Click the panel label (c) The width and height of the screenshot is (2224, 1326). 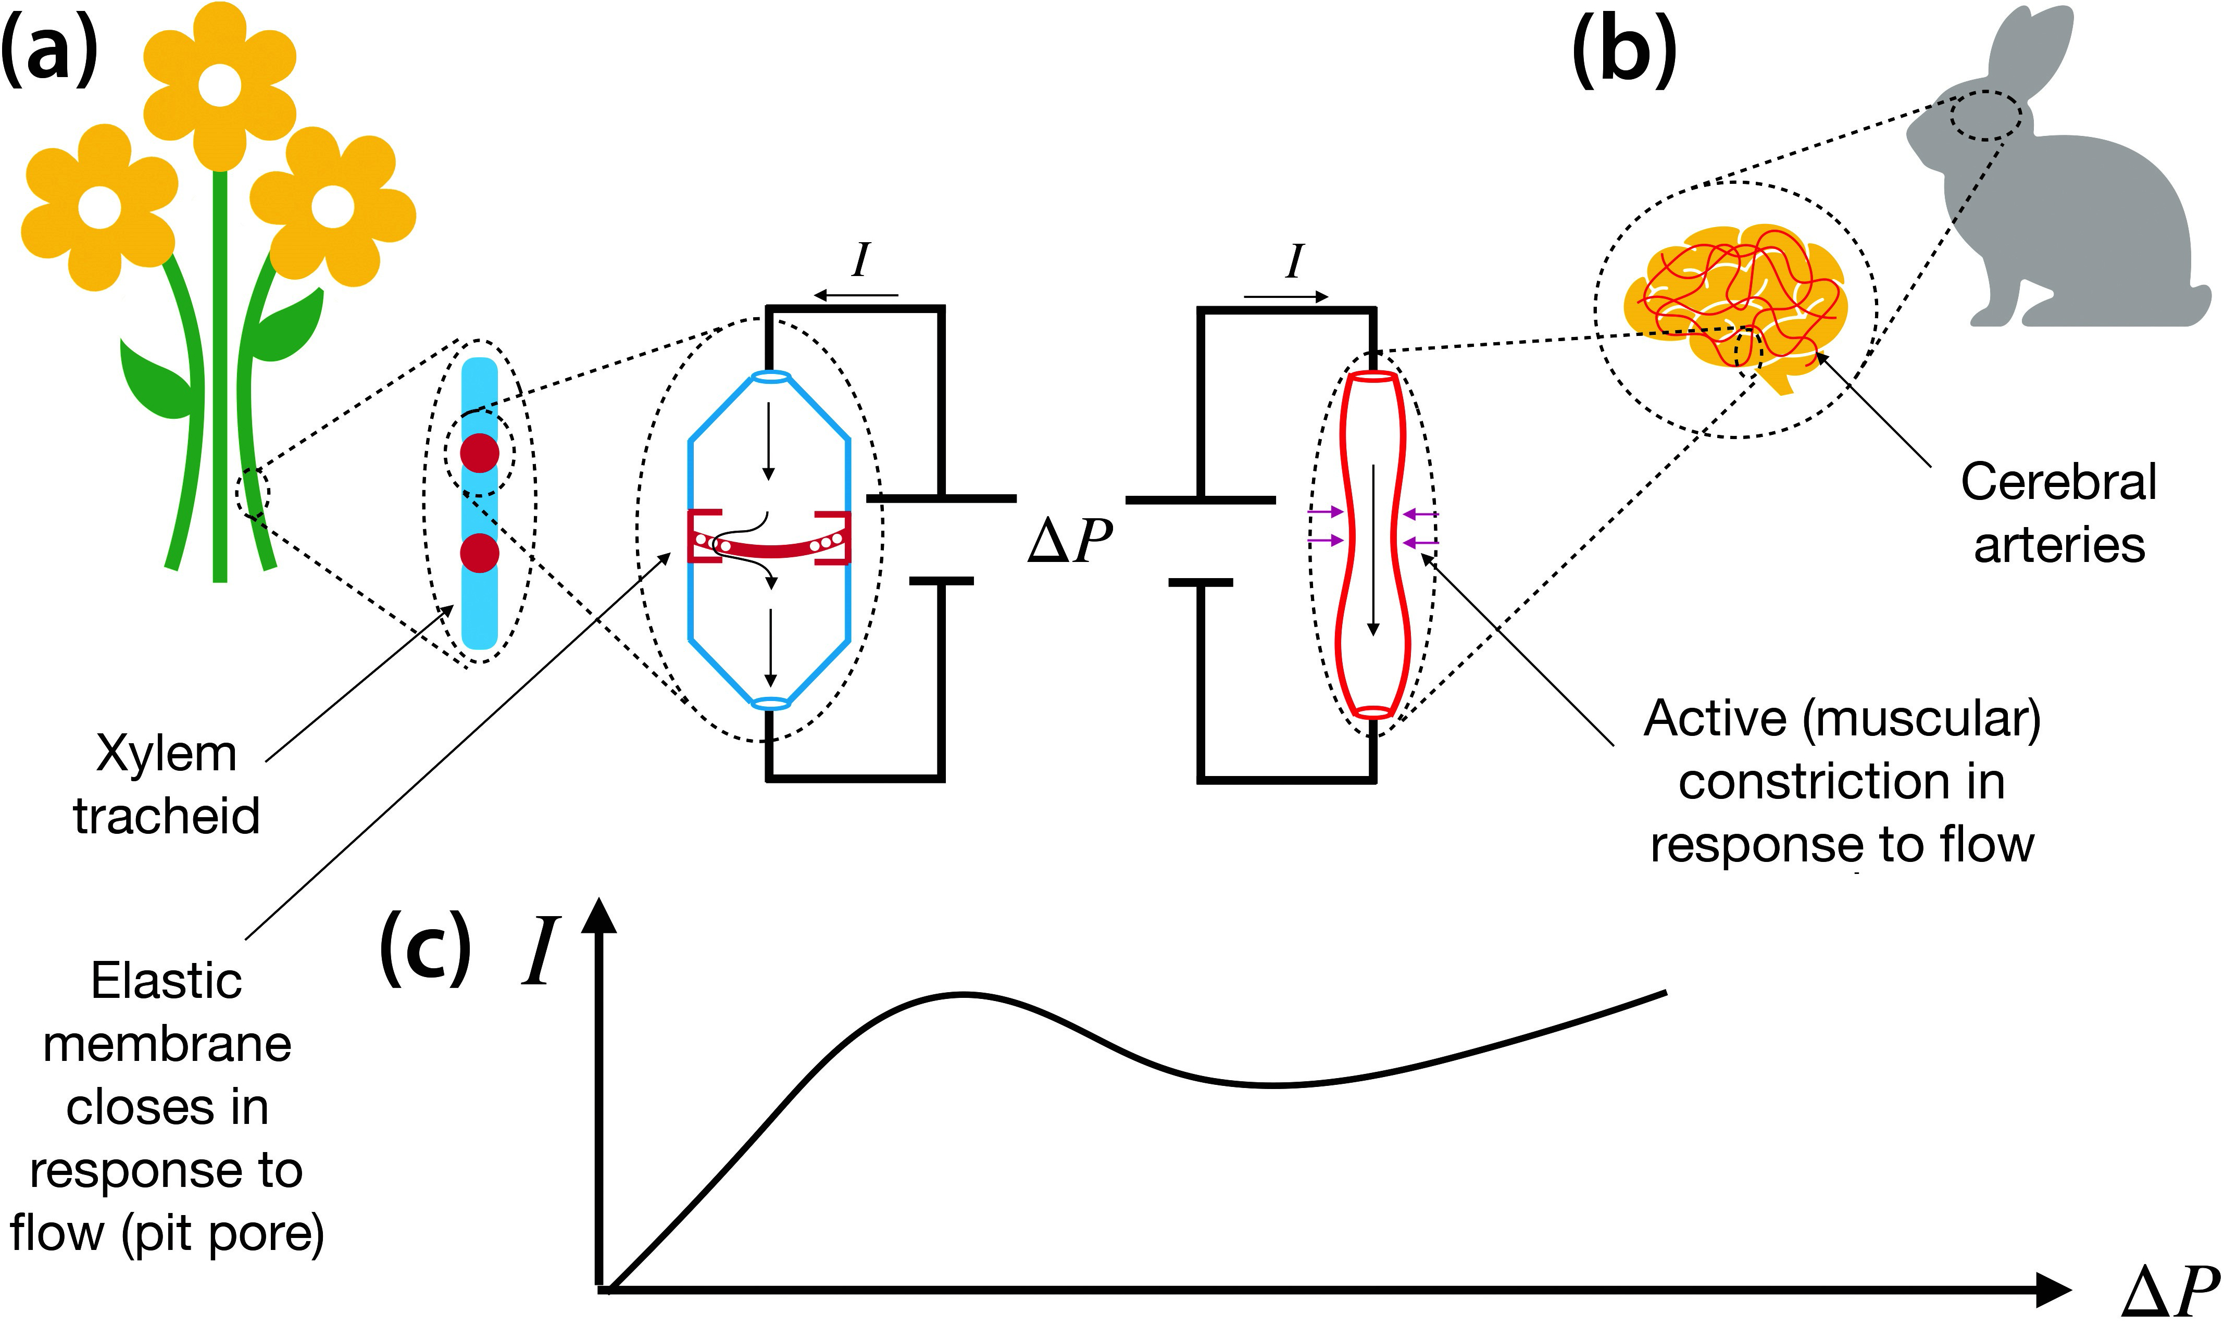click(x=426, y=949)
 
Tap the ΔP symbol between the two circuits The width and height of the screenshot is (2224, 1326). click(x=1070, y=542)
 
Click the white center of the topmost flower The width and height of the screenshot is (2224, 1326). click(x=219, y=86)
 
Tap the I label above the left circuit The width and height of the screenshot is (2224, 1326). click(x=860, y=261)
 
